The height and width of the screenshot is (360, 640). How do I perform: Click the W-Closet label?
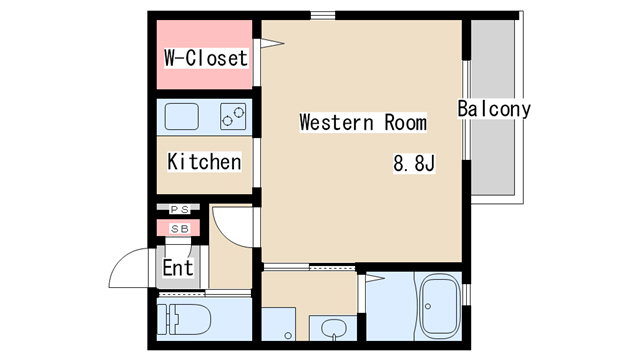tap(206, 58)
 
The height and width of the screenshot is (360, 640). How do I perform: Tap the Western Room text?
tap(363, 122)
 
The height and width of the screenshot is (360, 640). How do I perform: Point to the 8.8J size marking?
tap(414, 163)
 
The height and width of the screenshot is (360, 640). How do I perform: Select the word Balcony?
tap(494, 109)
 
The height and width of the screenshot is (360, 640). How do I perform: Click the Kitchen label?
tap(204, 162)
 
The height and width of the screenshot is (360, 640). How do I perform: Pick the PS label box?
tap(180, 209)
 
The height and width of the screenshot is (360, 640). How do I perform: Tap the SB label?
tap(180, 229)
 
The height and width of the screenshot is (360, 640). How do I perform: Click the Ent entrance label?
tap(178, 268)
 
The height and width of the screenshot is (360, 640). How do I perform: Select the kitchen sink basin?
tap(182, 116)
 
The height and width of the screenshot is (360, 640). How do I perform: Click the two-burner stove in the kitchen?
tap(233, 116)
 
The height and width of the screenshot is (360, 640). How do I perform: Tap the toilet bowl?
tap(189, 320)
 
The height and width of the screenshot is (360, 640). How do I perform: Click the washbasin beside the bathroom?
tap(334, 328)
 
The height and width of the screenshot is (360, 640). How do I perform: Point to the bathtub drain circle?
tap(428, 306)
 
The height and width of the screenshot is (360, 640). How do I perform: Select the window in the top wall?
tap(322, 16)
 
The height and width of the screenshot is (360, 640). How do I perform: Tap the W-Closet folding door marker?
tap(272, 43)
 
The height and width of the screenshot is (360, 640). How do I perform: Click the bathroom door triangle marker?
tap(375, 278)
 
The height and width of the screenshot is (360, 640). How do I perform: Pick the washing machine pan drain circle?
tap(288, 336)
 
